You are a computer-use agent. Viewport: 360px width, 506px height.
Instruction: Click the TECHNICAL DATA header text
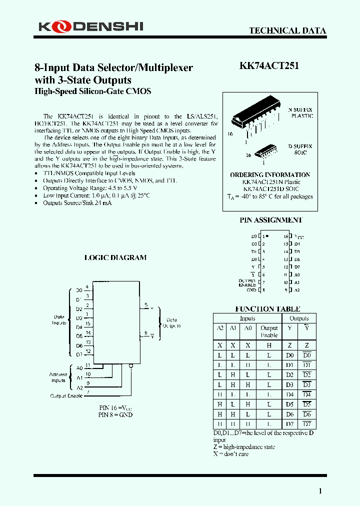click(287, 30)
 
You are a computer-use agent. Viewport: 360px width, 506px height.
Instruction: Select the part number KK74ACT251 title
click(269, 66)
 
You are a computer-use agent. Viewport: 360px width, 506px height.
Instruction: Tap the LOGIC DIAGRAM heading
click(115, 257)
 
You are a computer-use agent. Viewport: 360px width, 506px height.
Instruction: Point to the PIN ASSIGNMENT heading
click(271, 220)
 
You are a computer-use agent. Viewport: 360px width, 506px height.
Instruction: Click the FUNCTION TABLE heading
click(267, 309)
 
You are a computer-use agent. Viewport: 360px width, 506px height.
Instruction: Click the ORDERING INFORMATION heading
click(270, 174)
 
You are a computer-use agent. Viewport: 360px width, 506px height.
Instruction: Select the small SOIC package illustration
click(265, 151)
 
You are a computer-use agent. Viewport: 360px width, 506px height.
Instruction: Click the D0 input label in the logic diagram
click(79, 290)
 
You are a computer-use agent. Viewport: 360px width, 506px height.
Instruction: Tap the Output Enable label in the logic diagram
click(66, 395)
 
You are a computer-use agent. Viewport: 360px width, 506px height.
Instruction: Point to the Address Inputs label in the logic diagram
click(58, 377)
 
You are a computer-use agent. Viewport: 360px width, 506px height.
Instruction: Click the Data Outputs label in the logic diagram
click(171, 322)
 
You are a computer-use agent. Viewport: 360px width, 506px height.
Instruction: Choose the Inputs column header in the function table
click(247, 318)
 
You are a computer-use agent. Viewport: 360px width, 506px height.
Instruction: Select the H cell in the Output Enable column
click(269, 345)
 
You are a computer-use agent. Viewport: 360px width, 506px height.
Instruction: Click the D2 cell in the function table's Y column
click(289, 374)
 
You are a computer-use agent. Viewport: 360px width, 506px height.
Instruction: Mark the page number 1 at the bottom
click(320, 491)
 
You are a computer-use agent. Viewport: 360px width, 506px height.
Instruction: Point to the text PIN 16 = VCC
click(115, 408)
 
